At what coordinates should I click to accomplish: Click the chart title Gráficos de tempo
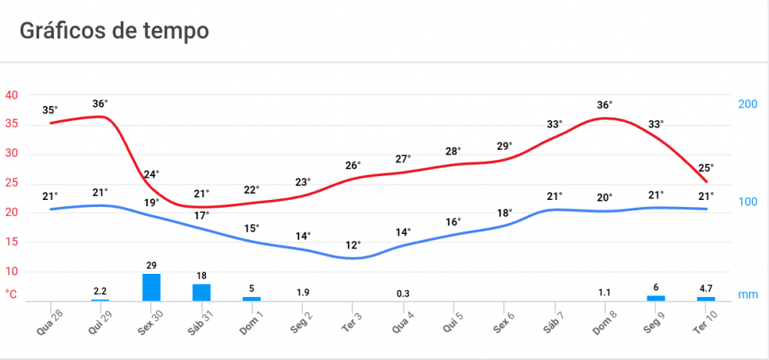[x=114, y=32]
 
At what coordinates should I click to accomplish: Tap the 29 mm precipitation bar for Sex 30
[x=151, y=287]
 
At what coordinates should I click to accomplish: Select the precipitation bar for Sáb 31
[x=201, y=292]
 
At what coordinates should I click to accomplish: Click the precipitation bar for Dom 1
[x=251, y=298]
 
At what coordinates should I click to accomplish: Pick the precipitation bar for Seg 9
[x=656, y=298]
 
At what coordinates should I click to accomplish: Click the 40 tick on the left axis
[x=12, y=95]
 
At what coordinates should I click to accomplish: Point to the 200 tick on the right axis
[x=748, y=104]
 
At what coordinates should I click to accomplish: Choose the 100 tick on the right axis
[x=748, y=202]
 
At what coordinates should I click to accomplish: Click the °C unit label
[x=12, y=294]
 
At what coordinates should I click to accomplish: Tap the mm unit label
[x=747, y=294]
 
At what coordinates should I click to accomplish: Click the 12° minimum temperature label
[x=352, y=245]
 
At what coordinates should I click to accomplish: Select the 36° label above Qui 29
[x=100, y=103]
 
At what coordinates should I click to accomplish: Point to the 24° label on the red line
[x=151, y=174]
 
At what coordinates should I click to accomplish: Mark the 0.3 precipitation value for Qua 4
[x=403, y=293]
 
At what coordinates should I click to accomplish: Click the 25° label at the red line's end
[x=706, y=167]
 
